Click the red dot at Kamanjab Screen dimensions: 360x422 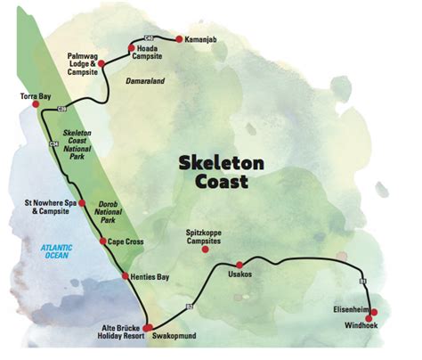pos(178,39)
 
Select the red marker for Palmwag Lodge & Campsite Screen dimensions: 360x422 pos(101,64)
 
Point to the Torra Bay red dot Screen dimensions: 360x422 pos(36,104)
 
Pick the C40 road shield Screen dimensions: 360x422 pos(149,37)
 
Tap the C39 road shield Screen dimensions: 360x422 pos(61,109)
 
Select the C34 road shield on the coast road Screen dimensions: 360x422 pos(53,143)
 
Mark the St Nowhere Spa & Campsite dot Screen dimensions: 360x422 pos(82,203)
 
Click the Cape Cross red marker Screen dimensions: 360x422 pos(102,241)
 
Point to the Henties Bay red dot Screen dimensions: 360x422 pos(125,277)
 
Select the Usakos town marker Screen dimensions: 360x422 pos(239,264)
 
